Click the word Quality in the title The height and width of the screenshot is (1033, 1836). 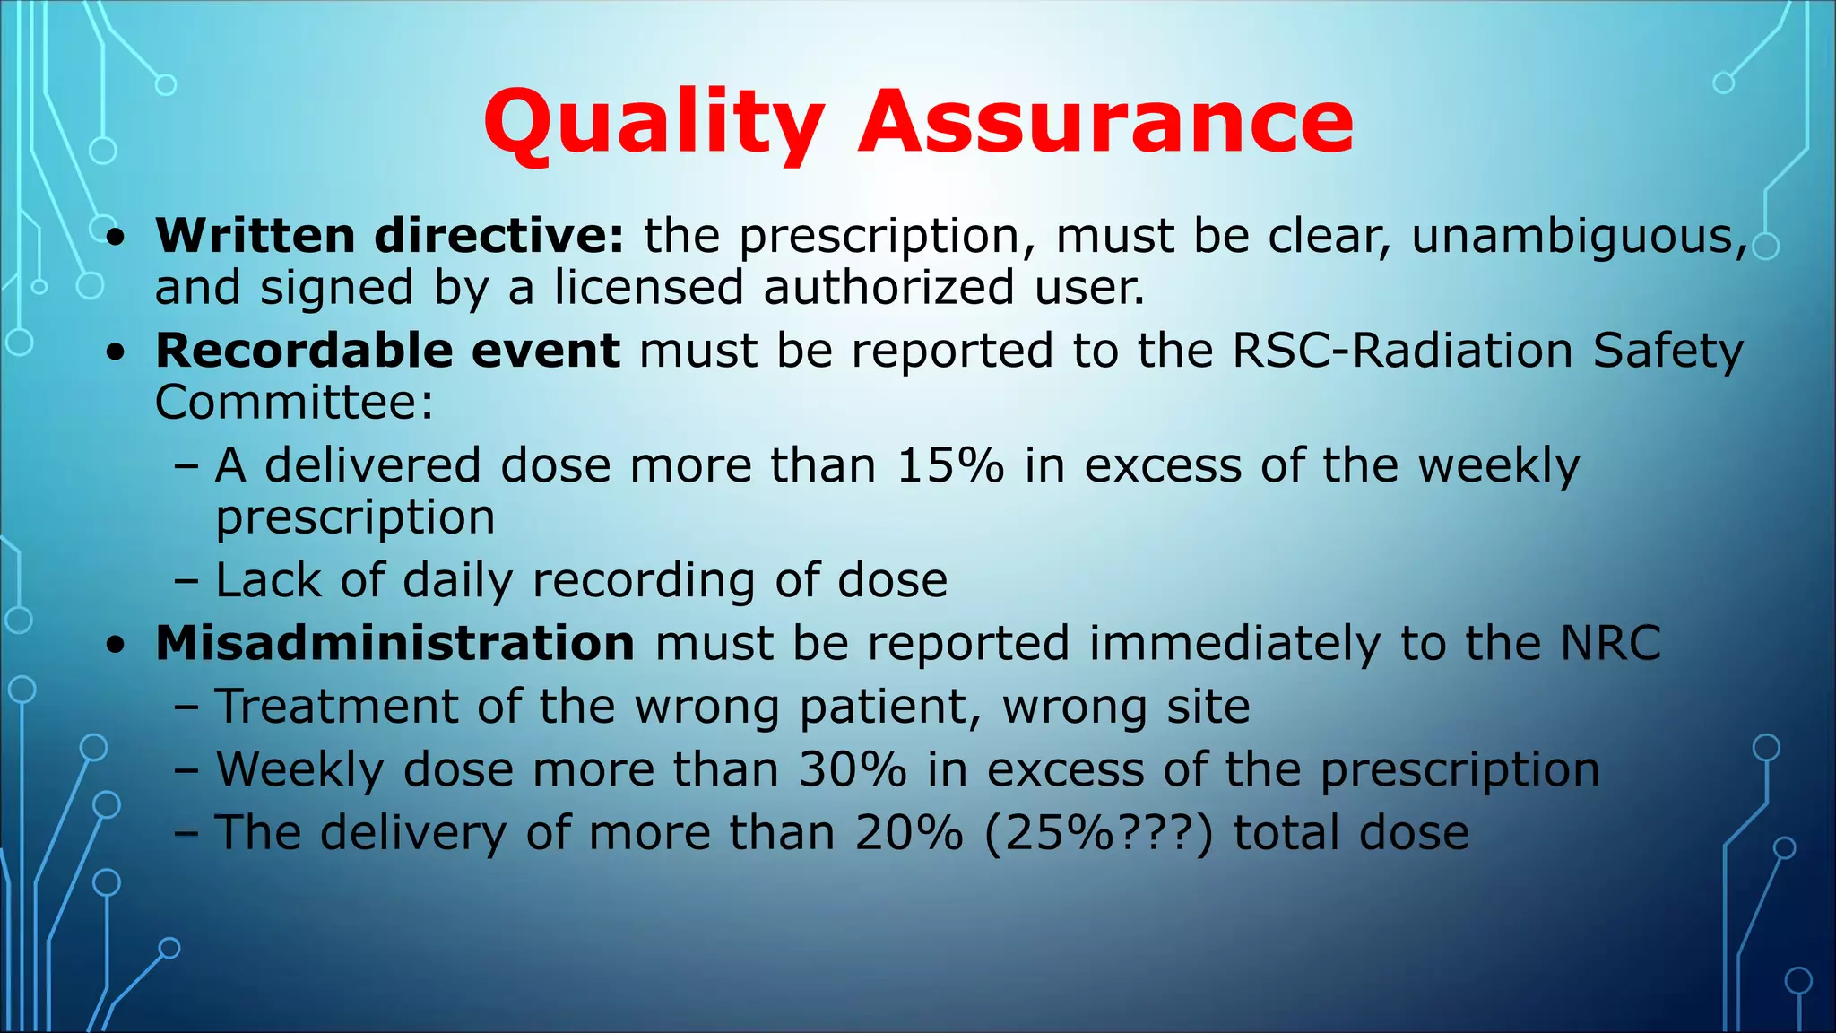pyautogui.click(x=653, y=123)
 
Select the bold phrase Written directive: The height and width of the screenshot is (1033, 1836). pyautogui.click(x=389, y=236)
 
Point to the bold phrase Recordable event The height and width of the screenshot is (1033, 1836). pyautogui.click(x=387, y=350)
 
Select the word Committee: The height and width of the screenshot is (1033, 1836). pyautogui.click(x=294, y=402)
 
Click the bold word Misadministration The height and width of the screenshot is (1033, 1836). pyautogui.click(x=395, y=643)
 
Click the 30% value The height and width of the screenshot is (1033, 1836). pyautogui.click(x=853, y=769)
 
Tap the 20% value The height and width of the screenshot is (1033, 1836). pyautogui.click(x=908, y=832)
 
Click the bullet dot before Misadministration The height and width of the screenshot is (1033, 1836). pyautogui.click(x=115, y=646)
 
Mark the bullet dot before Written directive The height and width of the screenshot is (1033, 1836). pyautogui.click(x=115, y=239)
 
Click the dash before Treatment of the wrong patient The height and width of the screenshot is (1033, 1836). pyautogui.click(x=186, y=707)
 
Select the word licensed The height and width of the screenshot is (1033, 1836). pyautogui.click(x=648, y=288)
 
